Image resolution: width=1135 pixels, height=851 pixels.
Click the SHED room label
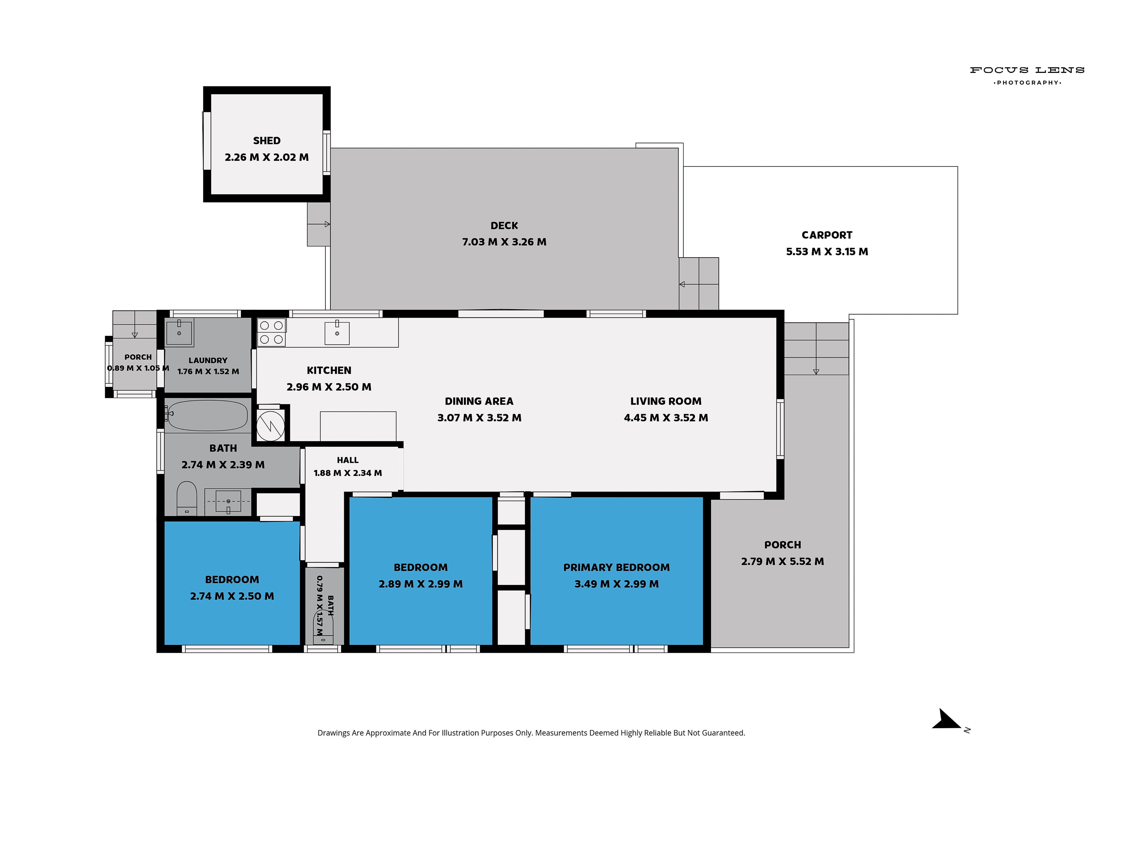click(267, 141)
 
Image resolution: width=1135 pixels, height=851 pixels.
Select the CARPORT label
click(827, 235)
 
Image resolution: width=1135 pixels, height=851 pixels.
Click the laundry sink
click(179, 332)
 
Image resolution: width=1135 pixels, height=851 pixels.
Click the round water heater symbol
click(270, 426)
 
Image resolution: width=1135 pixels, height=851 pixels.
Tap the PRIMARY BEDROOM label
click(617, 567)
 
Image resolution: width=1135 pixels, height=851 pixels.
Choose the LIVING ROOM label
click(666, 401)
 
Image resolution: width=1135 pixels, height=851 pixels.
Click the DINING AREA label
click(479, 401)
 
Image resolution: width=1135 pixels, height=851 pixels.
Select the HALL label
click(348, 460)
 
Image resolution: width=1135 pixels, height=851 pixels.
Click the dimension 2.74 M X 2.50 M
click(232, 596)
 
